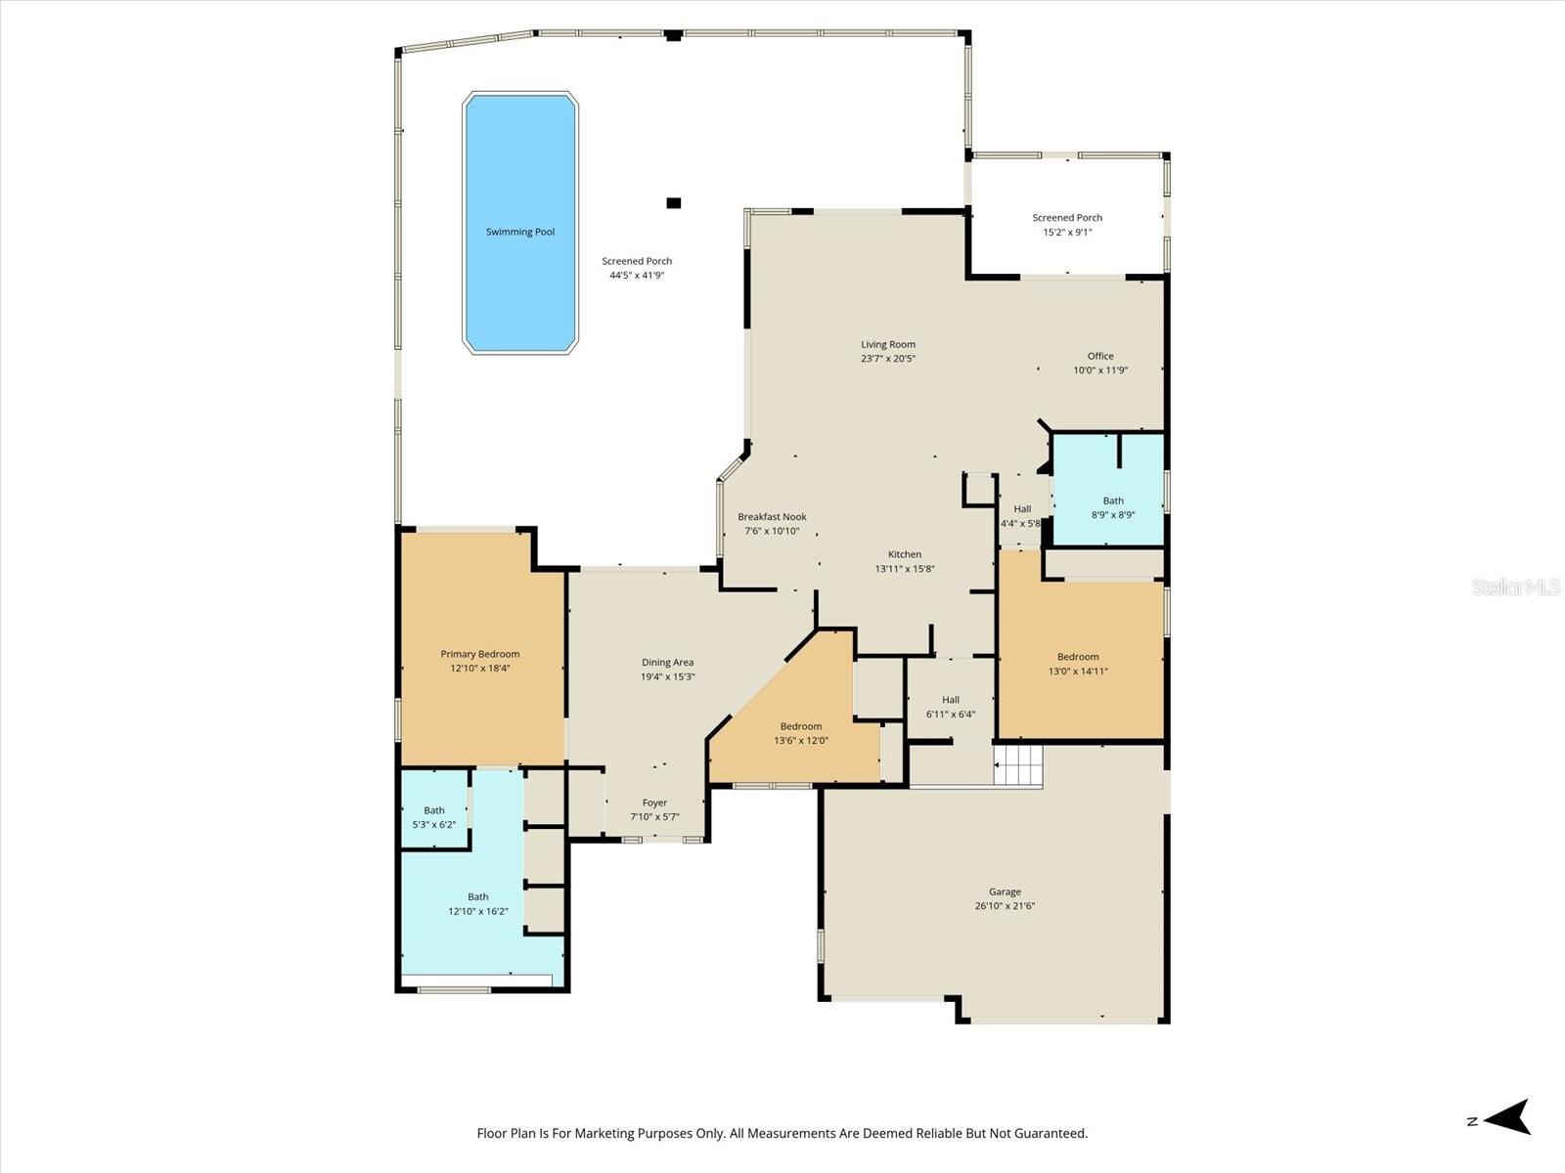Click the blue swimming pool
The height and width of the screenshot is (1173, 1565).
coord(519,223)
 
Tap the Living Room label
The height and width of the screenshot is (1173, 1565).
coord(888,345)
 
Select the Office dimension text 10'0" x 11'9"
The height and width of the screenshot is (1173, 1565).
coord(1100,370)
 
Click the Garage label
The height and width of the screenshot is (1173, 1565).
coord(1005,891)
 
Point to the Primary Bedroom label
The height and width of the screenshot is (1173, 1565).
coord(480,654)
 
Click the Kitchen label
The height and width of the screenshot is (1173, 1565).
coord(905,554)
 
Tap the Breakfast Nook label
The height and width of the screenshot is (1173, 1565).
coord(772,516)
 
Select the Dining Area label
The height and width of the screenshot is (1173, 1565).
coord(667,663)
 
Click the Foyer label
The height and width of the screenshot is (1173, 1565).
coord(654,803)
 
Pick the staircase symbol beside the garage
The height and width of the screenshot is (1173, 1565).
coord(1018,765)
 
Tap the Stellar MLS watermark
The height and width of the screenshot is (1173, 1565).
coord(1516,586)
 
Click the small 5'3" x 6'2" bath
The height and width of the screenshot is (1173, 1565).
coord(434,808)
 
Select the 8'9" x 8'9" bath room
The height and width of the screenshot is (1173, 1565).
coord(1108,490)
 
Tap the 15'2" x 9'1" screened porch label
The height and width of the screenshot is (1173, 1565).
coord(1067,225)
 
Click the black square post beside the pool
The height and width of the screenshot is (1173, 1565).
coord(674,203)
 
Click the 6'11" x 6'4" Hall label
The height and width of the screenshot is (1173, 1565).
coord(951,707)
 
